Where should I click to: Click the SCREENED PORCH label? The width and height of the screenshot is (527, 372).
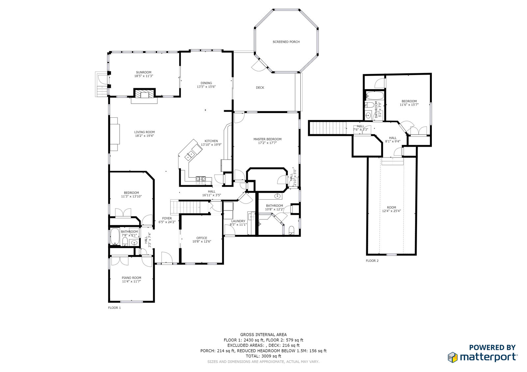286,42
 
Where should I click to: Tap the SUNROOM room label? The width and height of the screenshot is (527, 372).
144,72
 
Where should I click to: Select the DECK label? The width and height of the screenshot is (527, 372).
260,87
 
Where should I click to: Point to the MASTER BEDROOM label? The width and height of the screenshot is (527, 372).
267,139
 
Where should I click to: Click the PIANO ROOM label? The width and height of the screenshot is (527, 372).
131,278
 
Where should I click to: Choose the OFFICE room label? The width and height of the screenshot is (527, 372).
202,238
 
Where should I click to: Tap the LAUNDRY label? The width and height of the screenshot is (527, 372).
238,221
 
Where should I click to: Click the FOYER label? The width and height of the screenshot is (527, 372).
167,218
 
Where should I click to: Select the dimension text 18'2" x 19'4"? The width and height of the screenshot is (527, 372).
145,136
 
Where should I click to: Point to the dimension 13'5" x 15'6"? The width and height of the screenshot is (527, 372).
206,87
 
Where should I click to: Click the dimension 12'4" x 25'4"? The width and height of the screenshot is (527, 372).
392,211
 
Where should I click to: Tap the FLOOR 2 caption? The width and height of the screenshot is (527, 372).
372,260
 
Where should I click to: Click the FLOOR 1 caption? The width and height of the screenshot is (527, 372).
114,308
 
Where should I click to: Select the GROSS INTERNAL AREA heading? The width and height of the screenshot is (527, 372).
263,335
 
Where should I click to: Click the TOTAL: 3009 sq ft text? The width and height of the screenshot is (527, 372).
263,356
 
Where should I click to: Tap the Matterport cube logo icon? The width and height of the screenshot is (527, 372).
453,358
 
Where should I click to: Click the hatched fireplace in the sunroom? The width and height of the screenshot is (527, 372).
145,93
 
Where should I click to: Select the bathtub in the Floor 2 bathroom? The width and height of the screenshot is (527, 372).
375,96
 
